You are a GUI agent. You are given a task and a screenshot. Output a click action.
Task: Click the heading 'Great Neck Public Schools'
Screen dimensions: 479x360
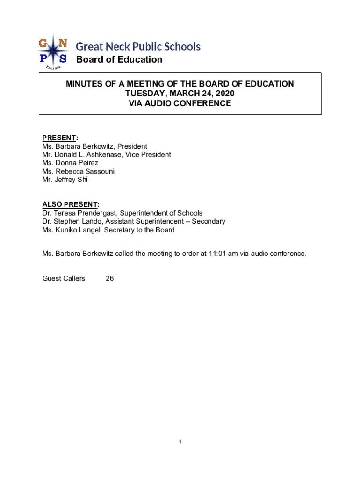coord(138,46)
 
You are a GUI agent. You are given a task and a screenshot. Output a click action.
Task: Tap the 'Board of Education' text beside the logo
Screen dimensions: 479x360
coord(119,59)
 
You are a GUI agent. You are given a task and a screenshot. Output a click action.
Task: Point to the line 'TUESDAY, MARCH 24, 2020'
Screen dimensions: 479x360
coord(180,94)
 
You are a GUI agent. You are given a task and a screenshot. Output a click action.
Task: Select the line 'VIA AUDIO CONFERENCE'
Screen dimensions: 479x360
coord(180,103)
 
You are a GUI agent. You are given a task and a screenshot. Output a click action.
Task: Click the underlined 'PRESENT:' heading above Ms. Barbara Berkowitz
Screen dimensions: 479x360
coord(60,138)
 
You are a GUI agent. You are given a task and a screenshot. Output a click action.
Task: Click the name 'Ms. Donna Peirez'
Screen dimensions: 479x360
coord(70,163)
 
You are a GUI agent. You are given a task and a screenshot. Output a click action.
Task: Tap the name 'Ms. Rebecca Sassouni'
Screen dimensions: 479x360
coord(78,171)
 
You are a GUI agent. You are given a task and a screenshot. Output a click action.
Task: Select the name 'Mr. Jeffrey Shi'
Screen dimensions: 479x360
coord(65,180)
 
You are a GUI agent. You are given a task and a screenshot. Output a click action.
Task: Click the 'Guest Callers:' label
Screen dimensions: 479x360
coord(65,278)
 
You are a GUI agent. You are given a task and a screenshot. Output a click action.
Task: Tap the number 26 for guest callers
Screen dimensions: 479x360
coord(109,278)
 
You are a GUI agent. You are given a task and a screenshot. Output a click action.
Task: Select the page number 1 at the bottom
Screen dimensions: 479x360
coord(180,442)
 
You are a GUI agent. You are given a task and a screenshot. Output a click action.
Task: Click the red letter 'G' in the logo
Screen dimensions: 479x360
coord(43,44)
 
